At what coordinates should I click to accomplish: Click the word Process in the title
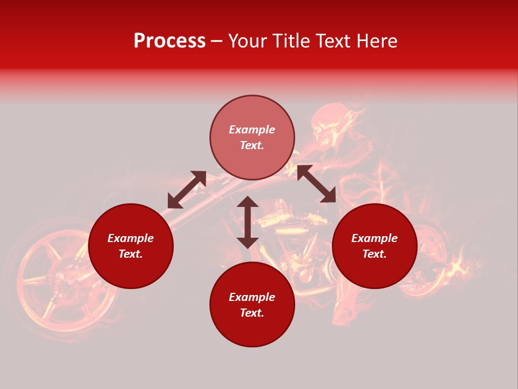coord(169,41)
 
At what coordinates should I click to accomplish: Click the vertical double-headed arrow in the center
coord(248,222)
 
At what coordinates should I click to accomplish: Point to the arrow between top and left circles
coord(187,190)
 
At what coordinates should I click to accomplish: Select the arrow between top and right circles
coord(316,184)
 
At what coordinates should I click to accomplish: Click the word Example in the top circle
coord(252,130)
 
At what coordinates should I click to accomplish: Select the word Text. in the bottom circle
coord(252,313)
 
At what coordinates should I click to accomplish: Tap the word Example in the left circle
coord(131,238)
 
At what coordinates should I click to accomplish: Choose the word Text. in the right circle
coord(374,254)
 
